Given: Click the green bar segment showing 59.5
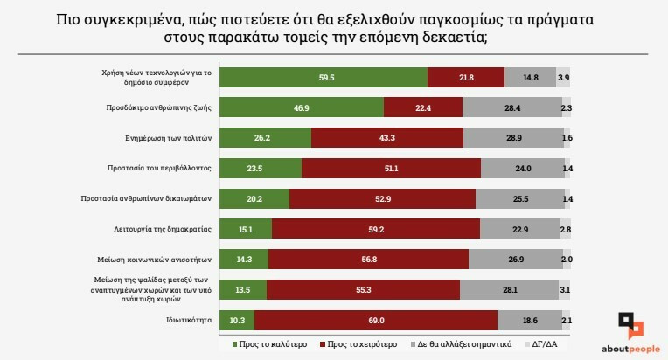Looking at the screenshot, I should point(323,77).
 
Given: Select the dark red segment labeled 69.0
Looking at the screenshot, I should point(376,321).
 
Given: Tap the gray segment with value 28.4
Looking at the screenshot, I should point(511,107).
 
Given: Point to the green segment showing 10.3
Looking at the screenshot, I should point(236,321).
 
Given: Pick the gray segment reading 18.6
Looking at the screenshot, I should point(530,321).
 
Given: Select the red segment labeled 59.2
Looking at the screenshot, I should point(376,229).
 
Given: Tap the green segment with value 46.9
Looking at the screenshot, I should point(301,107).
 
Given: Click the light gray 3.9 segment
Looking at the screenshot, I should point(564,77).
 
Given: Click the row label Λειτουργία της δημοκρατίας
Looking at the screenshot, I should point(166,229).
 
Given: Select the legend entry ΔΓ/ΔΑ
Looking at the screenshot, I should point(543,344).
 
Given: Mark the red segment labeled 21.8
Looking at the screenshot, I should point(466,77).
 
